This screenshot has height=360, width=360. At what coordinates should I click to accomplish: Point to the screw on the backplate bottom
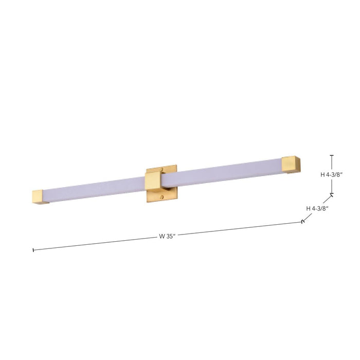coord(164,197)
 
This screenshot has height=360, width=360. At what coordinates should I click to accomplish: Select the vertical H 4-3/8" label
coord(331,175)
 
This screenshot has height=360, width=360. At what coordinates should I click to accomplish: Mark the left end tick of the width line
coord(33,250)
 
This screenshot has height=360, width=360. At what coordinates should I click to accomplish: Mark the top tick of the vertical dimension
coord(332,155)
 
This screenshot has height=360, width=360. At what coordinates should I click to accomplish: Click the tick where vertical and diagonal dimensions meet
coord(332,194)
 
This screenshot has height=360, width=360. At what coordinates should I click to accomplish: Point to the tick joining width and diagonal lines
coord(302,222)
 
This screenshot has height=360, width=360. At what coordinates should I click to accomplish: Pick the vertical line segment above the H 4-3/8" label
coord(332,163)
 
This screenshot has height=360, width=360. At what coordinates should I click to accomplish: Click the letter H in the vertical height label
coord(322,175)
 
